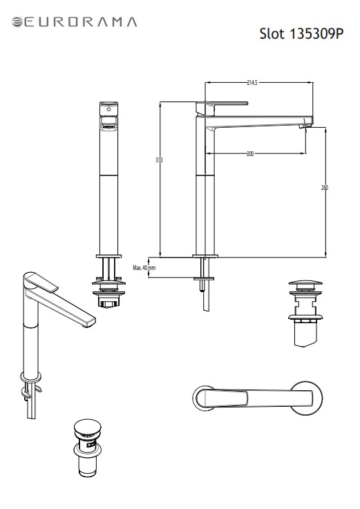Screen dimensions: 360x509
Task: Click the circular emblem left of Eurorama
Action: pos(17,22)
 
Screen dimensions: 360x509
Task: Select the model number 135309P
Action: pos(316,33)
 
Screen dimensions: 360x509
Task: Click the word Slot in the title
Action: pos(272,33)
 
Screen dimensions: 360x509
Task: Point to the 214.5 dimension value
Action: pos(252,83)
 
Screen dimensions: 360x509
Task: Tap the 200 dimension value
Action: pos(250,154)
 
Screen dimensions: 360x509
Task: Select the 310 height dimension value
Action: pos(159,160)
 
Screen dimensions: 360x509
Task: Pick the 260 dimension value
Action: pos(325,188)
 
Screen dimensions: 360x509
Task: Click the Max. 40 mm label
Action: pos(144,268)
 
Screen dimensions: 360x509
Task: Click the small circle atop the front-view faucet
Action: pos(108,109)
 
